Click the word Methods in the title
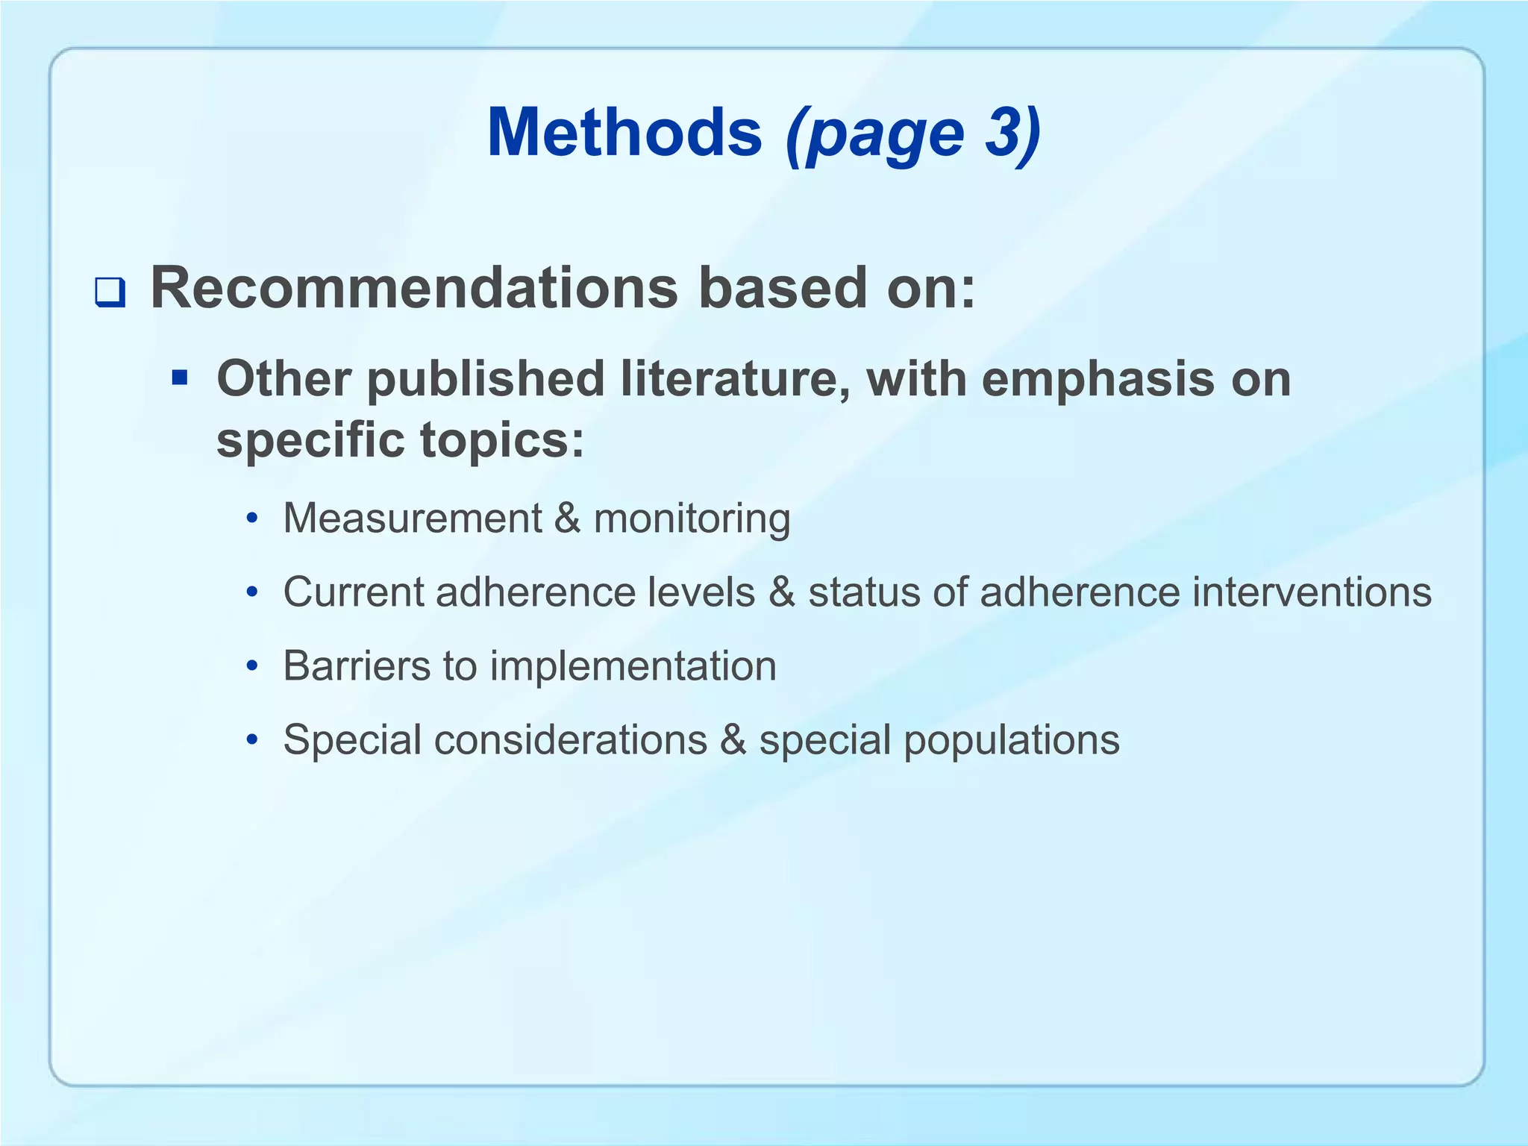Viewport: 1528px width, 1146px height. pyautogui.click(x=624, y=133)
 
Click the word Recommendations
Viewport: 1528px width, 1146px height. pyautogui.click(x=414, y=288)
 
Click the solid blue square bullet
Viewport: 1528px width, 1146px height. pyautogui.click(x=179, y=378)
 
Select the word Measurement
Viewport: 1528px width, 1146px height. pyautogui.click(x=413, y=518)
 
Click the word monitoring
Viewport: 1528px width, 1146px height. pyautogui.click(x=692, y=519)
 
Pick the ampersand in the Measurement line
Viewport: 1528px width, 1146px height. pyautogui.click(x=568, y=518)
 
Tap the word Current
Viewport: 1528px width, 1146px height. pyautogui.click(x=354, y=592)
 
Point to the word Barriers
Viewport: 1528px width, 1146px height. pyautogui.click(x=357, y=666)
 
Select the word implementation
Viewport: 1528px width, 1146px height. pyautogui.click(x=633, y=667)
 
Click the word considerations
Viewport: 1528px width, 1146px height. pyautogui.click(x=570, y=740)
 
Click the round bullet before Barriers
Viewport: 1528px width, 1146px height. pyautogui.click(x=253, y=666)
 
